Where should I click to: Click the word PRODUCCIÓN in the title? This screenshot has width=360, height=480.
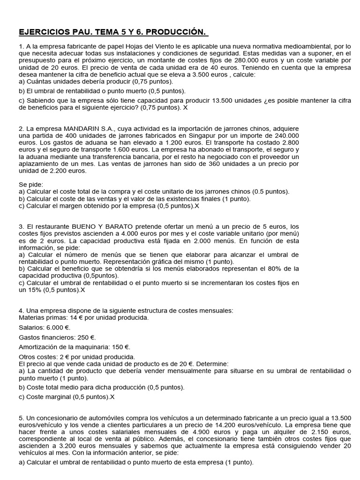coord(177,32)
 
